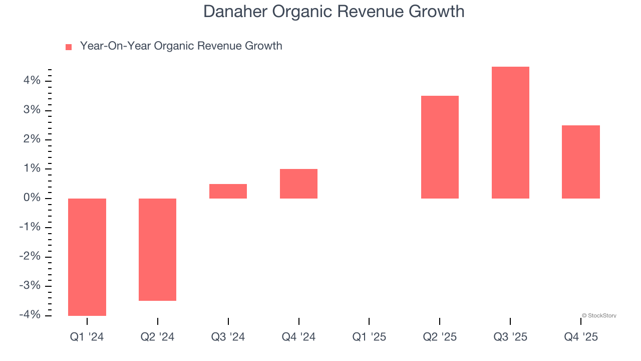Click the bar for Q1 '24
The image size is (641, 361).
coord(87,257)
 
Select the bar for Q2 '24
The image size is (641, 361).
coord(158,249)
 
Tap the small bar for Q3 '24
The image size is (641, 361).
coord(228,191)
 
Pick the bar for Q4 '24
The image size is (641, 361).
coord(298,184)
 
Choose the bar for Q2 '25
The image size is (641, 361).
coord(440,147)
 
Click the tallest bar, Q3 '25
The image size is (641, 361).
coord(510,132)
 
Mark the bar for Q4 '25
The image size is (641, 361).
coord(581,161)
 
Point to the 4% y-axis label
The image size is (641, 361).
coord(31,81)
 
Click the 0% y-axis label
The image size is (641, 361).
coord(31,198)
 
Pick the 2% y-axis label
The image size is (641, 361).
coord(31,139)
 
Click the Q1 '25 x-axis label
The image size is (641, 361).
coord(369,337)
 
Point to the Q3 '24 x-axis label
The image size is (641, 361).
coord(228,337)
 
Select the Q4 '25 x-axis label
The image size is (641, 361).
coord(581,337)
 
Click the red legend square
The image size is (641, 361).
coord(69,47)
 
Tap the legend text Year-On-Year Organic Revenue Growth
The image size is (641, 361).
coord(181,46)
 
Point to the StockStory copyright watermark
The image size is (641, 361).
coord(599,316)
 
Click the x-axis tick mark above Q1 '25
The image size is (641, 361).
coord(369,321)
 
